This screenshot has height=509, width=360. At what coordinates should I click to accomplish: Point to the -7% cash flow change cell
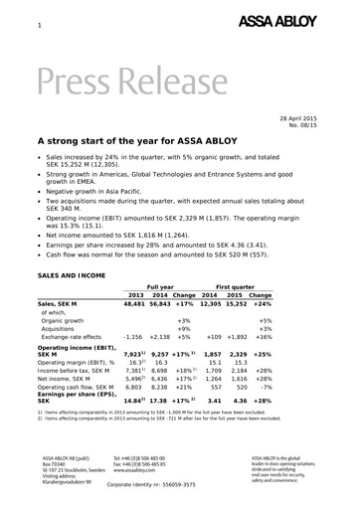coord(265,391)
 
